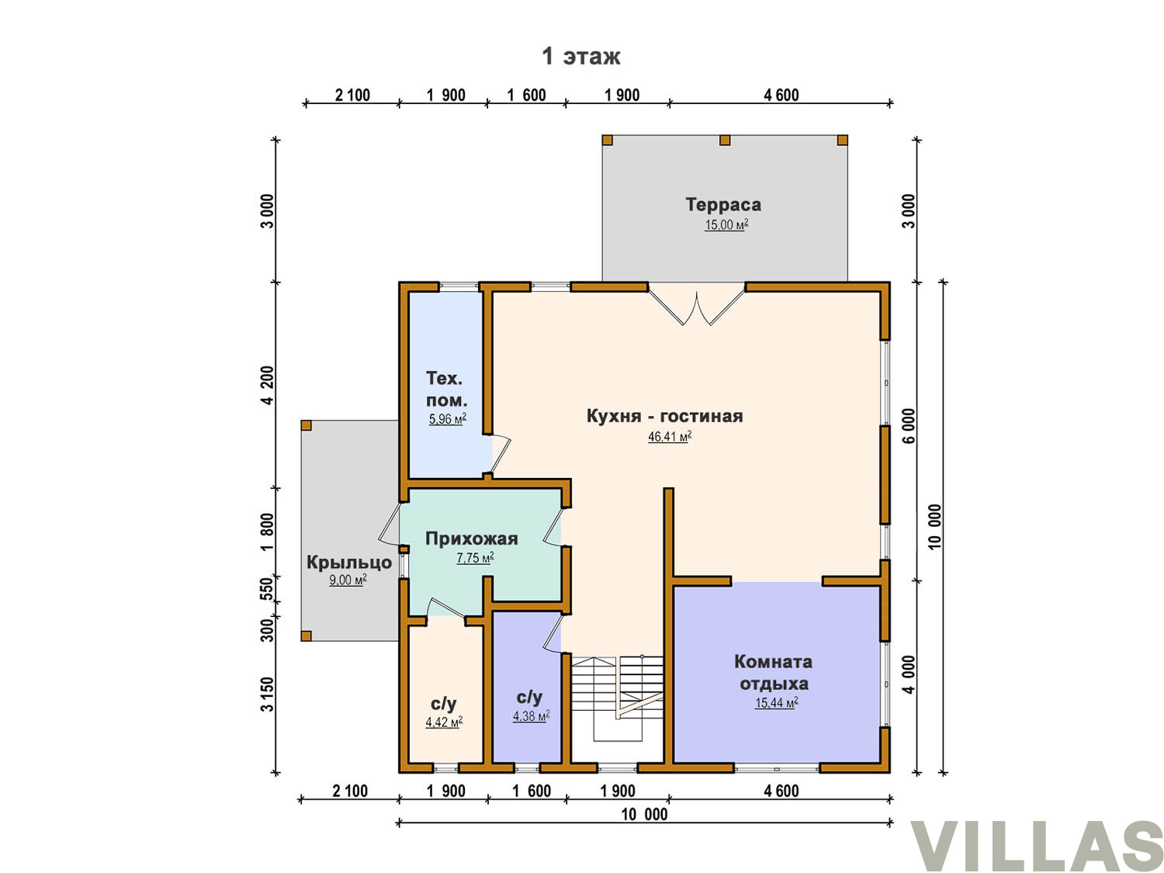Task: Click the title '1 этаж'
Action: coord(580,56)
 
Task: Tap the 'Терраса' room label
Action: coord(722,204)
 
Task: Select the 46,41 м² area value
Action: coord(669,437)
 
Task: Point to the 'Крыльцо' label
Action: coord(349,563)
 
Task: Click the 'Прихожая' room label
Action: coord(471,539)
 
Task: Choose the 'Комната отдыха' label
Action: coord(773,672)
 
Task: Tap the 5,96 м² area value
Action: coord(448,419)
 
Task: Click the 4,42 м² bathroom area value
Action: coord(444,722)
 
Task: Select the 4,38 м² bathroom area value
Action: coord(531,716)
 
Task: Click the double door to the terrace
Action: coord(697,303)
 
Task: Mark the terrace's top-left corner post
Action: coord(607,140)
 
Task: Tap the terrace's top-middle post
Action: coord(724,140)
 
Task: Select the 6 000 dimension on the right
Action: coord(909,425)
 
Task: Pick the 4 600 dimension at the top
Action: coord(781,95)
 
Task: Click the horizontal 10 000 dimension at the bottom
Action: coord(644,814)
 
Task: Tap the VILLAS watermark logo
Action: coord(1037,845)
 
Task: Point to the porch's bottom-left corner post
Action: coord(306,636)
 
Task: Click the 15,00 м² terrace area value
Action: coord(726,225)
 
